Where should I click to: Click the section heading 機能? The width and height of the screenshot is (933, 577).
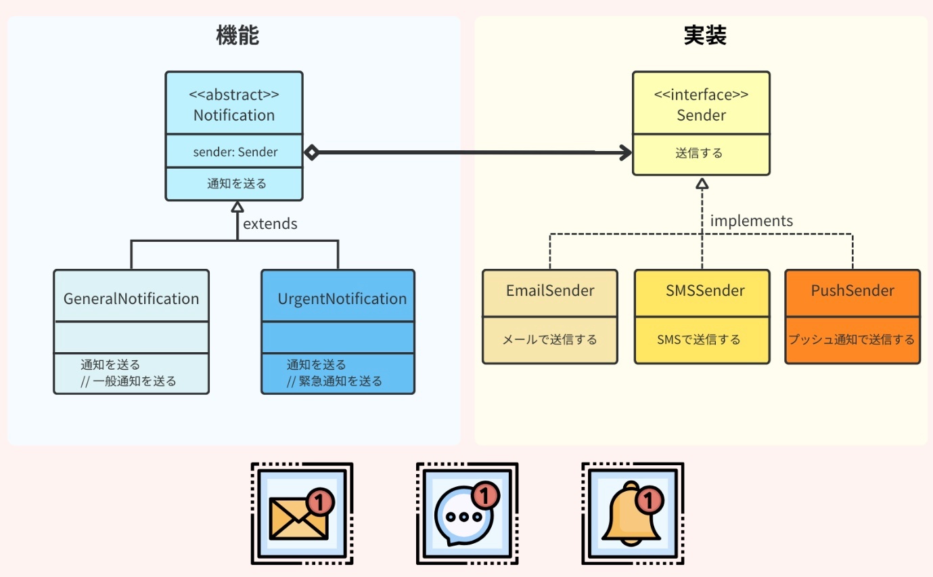point(237,35)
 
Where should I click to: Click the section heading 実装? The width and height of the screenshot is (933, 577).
point(705,35)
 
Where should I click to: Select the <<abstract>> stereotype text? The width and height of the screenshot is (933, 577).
point(234,94)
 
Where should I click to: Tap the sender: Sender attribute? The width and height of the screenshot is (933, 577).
point(235,152)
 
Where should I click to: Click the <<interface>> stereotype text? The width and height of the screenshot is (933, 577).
point(701,94)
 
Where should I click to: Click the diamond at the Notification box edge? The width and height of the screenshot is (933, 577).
point(311,152)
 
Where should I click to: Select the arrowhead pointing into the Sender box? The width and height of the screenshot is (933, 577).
point(625,152)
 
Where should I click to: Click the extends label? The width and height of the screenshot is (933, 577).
point(270,223)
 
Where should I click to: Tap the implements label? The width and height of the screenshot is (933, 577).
point(752,221)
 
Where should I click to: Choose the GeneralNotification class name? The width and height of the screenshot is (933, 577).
point(131,299)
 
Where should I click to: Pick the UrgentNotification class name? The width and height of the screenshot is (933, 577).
point(342,299)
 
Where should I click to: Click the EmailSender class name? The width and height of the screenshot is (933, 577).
point(550,291)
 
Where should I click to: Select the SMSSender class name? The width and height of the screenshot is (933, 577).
point(705,291)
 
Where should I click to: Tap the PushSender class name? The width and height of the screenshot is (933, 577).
point(852,291)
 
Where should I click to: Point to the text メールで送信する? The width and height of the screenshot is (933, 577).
point(549,339)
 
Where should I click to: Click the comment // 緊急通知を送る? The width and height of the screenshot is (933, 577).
point(334,381)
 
